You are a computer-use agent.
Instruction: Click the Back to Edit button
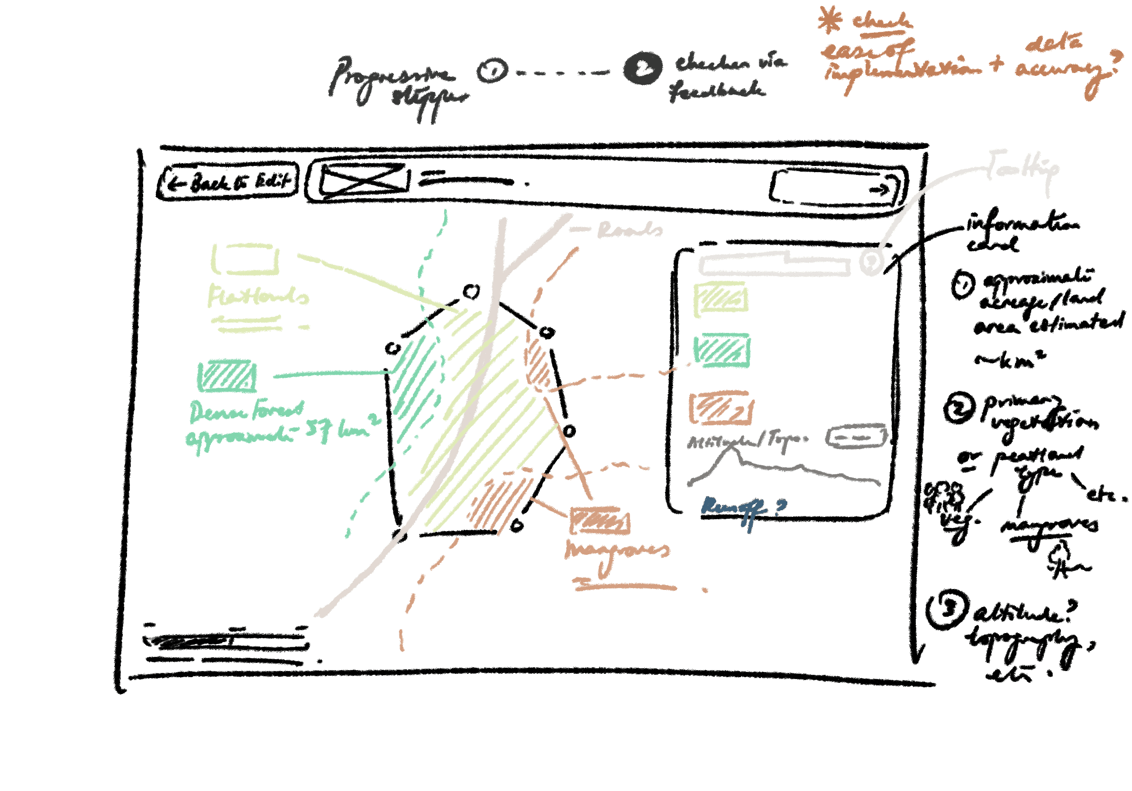(228, 182)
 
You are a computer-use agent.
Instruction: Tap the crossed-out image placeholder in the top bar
(365, 181)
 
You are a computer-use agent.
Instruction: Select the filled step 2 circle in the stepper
(642, 68)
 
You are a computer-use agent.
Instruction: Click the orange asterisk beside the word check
(830, 20)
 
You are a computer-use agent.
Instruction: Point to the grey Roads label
(630, 230)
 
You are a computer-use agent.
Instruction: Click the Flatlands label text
(258, 295)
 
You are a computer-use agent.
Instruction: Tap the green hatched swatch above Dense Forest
(227, 377)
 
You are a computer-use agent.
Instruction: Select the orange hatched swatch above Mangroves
(600, 521)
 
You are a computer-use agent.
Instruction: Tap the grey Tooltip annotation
(1023, 168)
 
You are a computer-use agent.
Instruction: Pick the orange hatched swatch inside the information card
(721, 408)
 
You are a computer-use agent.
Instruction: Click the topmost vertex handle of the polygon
(471, 292)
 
